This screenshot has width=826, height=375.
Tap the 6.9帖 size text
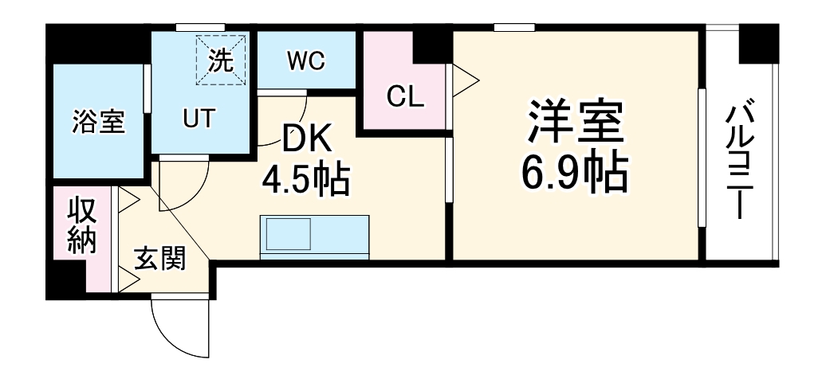(573, 172)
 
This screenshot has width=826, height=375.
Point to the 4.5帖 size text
(306, 180)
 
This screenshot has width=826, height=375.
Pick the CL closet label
(406, 96)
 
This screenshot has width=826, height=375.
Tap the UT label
(198, 118)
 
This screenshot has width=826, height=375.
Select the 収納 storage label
(82, 225)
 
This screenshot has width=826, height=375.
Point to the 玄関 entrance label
(159, 258)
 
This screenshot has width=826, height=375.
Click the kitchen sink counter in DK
(313, 236)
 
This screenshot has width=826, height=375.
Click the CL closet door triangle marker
(465, 79)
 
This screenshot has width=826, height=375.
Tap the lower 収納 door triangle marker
(128, 278)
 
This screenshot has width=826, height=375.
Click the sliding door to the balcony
(702, 159)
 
